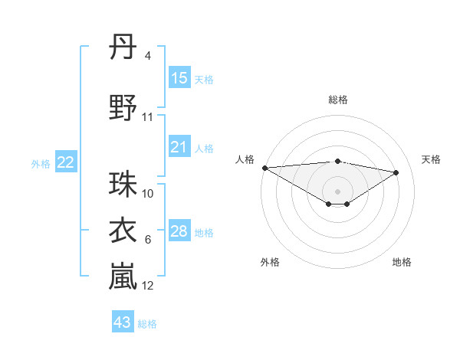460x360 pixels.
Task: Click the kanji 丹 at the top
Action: click(x=123, y=47)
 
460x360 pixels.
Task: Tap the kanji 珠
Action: click(x=123, y=185)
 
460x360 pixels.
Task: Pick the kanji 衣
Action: click(x=123, y=231)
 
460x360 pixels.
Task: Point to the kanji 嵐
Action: click(x=123, y=277)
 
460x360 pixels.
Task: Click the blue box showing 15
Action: click(x=179, y=78)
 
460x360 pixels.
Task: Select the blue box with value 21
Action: click(x=179, y=147)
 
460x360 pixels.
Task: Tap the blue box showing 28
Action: click(x=179, y=231)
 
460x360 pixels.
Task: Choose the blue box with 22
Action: click(x=66, y=162)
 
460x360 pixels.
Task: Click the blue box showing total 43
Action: click(x=123, y=322)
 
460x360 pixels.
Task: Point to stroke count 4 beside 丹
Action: click(x=147, y=56)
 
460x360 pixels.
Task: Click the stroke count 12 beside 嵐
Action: click(x=148, y=286)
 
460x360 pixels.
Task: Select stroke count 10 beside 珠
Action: click(x=148, y=194)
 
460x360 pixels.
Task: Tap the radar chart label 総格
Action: click(x=337, y=100)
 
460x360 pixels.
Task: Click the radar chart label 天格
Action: click(x=432, y=159)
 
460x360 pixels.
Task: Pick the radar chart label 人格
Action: click(x=245, y=159)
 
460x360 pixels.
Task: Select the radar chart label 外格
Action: click(x=270, y=262)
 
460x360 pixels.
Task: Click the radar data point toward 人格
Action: click(x=264, y=168)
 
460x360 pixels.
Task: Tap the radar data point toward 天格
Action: click(x=396, y=172)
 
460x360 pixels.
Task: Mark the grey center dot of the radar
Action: click(x=337, y=191)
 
